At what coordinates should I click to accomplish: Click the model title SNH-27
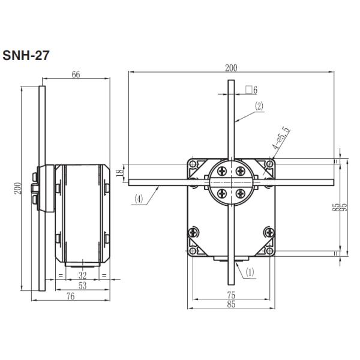[x=26, y=55]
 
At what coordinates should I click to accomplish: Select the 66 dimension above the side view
[x=76, y=75]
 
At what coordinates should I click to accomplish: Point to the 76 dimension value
[x=70, y=297]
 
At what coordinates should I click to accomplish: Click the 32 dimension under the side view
[x=82, y=276]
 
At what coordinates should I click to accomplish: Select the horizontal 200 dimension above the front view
[x=230, y=68]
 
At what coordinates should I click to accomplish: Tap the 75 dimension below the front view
[x=231, y=294]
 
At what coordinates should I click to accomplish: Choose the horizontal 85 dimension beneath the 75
[x=231, y=304]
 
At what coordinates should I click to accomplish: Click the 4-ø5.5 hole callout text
[x=281, y=139]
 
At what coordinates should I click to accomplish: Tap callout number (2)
[x=259, y=106]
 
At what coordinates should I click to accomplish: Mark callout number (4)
[x=139, y=199]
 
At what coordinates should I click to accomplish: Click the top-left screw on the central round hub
[x=223, y=171]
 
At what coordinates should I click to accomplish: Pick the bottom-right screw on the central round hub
[x=241, y=193]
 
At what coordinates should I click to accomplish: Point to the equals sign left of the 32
[x=60, y=276]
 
